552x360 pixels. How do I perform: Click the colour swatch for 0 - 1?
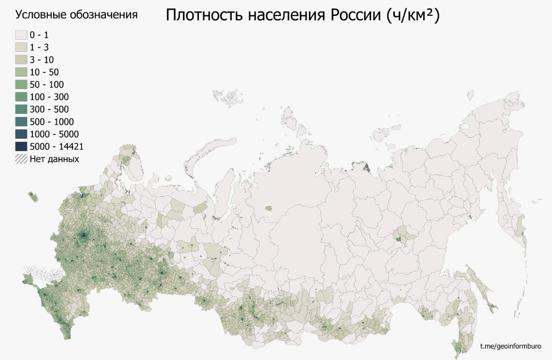[20, 35]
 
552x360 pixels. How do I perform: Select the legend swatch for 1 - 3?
[20, 47]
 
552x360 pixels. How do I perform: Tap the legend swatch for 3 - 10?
[20, 60]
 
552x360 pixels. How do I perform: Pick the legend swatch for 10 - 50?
[20, 72]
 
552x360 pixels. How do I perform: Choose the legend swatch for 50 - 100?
[20, 85]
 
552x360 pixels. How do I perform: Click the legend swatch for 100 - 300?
[20, 97]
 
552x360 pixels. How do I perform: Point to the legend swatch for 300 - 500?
[20, 109]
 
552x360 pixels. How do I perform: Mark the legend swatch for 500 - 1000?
[20, 122]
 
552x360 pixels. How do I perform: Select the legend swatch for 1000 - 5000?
[20, 134]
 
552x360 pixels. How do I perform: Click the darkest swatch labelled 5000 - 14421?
[20, 147]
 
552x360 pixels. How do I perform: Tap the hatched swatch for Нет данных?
[20, 159]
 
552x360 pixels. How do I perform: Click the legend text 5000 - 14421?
[56, 147]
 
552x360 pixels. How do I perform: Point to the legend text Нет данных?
[54, 159]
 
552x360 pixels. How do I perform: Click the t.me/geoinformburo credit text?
[510, 346]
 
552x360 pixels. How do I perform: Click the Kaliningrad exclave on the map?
[33, 196]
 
